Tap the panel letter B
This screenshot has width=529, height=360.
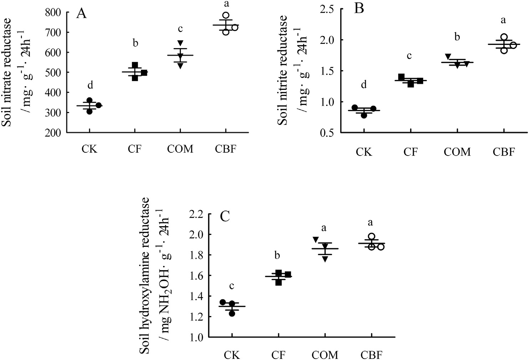click(359, 8)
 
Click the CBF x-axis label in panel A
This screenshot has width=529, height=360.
click(225, 148)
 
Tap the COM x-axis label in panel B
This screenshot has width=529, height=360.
click(457, 152)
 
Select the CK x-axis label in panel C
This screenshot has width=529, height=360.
click(232, 355)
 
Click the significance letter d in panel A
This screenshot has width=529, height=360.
click(91, 85)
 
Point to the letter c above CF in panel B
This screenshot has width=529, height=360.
click(410, 56)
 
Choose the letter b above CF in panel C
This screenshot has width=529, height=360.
click(277, 255)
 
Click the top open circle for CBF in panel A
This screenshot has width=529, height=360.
click(226, 16)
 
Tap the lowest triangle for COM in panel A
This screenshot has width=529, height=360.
click(181, 65)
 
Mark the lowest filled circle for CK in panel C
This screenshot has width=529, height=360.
click(232, 313)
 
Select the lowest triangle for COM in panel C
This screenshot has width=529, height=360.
click(325, 259)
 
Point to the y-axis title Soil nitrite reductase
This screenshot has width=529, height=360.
click(283, 70)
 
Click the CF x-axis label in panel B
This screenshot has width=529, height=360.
click(410, 152)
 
